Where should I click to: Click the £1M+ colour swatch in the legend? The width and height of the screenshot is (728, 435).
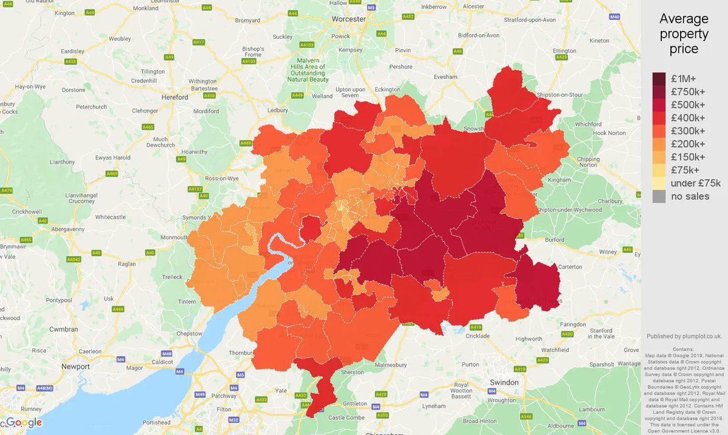click(659, 79)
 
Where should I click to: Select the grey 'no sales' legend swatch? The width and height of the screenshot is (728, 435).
click(659, 196)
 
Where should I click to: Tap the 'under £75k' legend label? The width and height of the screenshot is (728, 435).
click(695, 183)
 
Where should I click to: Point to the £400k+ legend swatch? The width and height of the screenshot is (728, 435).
click(659, 118)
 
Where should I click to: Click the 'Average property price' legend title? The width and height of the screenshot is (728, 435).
click(684, 34)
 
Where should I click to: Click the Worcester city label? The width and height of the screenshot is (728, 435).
click(349, 19)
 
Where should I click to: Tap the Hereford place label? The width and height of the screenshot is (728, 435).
click(175, 96)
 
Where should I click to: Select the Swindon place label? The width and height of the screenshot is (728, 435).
click(504, 382)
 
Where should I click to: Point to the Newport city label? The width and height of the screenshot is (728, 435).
click(75, 367)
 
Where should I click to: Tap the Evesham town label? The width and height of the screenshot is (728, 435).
click(445, 78)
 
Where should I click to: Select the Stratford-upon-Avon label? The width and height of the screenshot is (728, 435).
click(530, 19)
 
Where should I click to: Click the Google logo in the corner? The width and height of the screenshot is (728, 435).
click(24, 422)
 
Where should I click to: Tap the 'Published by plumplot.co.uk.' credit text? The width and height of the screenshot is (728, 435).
click(684, 336)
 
